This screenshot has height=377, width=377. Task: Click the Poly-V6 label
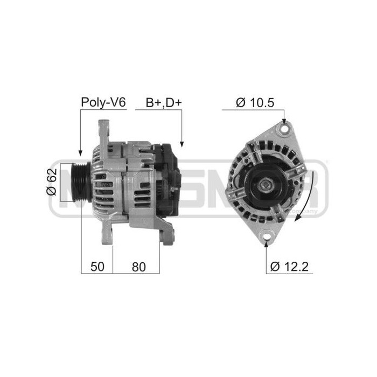(x=103, y=102)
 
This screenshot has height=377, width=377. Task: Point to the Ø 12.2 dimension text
(x=291, y=266)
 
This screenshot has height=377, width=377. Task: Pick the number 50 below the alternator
(x=96, y=266)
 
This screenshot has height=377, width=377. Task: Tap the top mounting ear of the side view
(x=103, y=129)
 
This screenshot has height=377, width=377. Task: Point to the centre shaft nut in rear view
(x=266, y=185)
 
